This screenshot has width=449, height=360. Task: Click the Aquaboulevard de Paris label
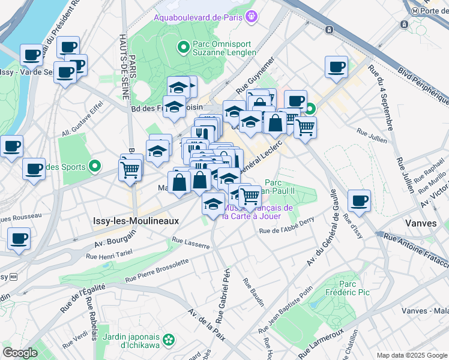pyautogui.click(x=198, y=17)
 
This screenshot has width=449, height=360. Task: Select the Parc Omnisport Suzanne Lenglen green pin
pyautogui.click(x=183, y=46)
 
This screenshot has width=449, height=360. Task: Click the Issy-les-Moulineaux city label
pyautogui.click(x=136, y=221)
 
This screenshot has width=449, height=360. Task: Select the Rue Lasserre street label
pyautogui.click(x=190, y=243)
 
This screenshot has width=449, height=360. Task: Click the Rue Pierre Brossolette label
pyautogui.click(x=157, y=271)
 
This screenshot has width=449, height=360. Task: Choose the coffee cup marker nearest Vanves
pyautogui.click(x=359, y=200)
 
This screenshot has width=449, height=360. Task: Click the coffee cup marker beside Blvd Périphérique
pyautogui.click(x=337, y=66)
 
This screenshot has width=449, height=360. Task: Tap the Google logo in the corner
pyautogui.click(x=20, y=353)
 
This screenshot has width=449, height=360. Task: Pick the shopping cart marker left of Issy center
pyautogui.click(x=130, y=169)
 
